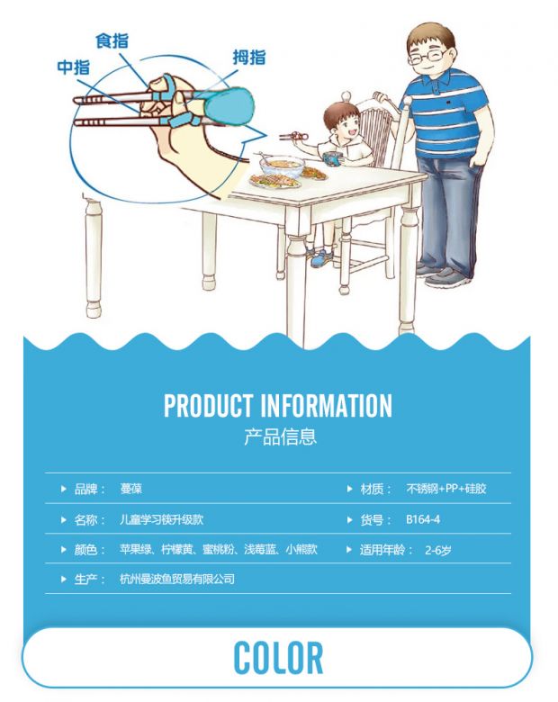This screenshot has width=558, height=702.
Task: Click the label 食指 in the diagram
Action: [112, 40]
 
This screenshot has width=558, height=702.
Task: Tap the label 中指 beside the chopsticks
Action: [74, 67]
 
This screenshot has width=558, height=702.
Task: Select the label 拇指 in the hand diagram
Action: [249, 58]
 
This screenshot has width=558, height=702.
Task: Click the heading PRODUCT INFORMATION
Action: [278, 405]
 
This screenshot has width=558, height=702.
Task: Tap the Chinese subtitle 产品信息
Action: [280, 436]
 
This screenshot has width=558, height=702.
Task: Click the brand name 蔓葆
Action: [130, 489]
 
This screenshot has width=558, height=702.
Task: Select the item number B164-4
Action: [423, 519]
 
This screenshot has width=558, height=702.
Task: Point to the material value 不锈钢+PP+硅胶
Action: [446, 489]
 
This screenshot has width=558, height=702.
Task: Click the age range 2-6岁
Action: [437, 550]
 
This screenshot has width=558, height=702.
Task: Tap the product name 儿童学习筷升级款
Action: [162, 519]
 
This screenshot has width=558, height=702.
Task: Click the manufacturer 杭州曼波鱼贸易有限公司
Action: [177, 579]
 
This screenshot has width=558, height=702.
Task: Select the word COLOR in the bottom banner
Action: [278, 657]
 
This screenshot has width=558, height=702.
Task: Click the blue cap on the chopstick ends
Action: [229, 107]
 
